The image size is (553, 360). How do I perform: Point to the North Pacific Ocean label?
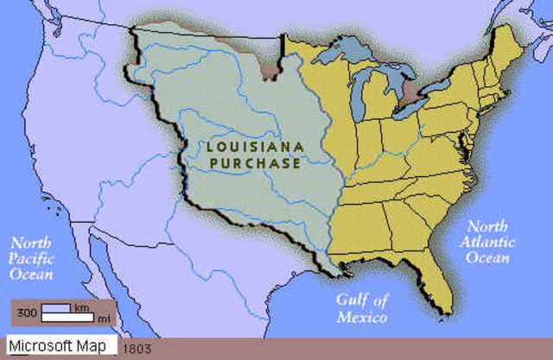29,259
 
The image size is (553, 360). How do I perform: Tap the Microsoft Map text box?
60,346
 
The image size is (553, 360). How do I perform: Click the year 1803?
137,348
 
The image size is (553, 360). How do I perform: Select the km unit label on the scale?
81,306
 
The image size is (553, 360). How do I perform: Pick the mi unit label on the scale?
103,319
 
